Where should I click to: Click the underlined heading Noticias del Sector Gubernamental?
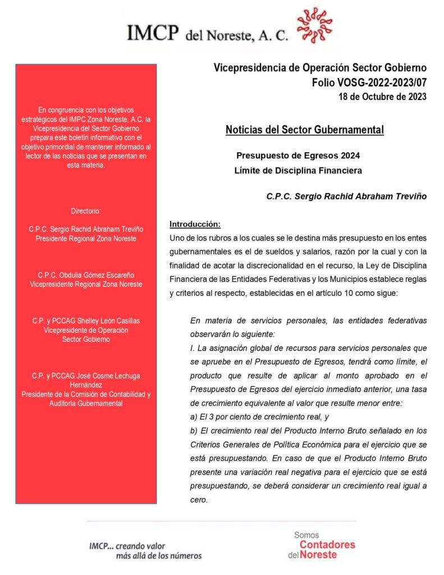click(305, 130)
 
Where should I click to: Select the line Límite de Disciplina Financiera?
click(298, 170)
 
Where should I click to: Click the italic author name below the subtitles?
click(346, 197)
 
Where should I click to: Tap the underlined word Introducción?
click(195, 224)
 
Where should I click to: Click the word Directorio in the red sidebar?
click(86, 211)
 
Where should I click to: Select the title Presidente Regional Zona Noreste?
click(86, 238)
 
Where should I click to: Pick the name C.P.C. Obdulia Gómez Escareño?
click(86, 275)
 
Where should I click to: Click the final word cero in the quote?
click(199, 500)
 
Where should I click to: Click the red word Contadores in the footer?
click(327, 545)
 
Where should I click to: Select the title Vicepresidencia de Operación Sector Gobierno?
click(320, 69)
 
